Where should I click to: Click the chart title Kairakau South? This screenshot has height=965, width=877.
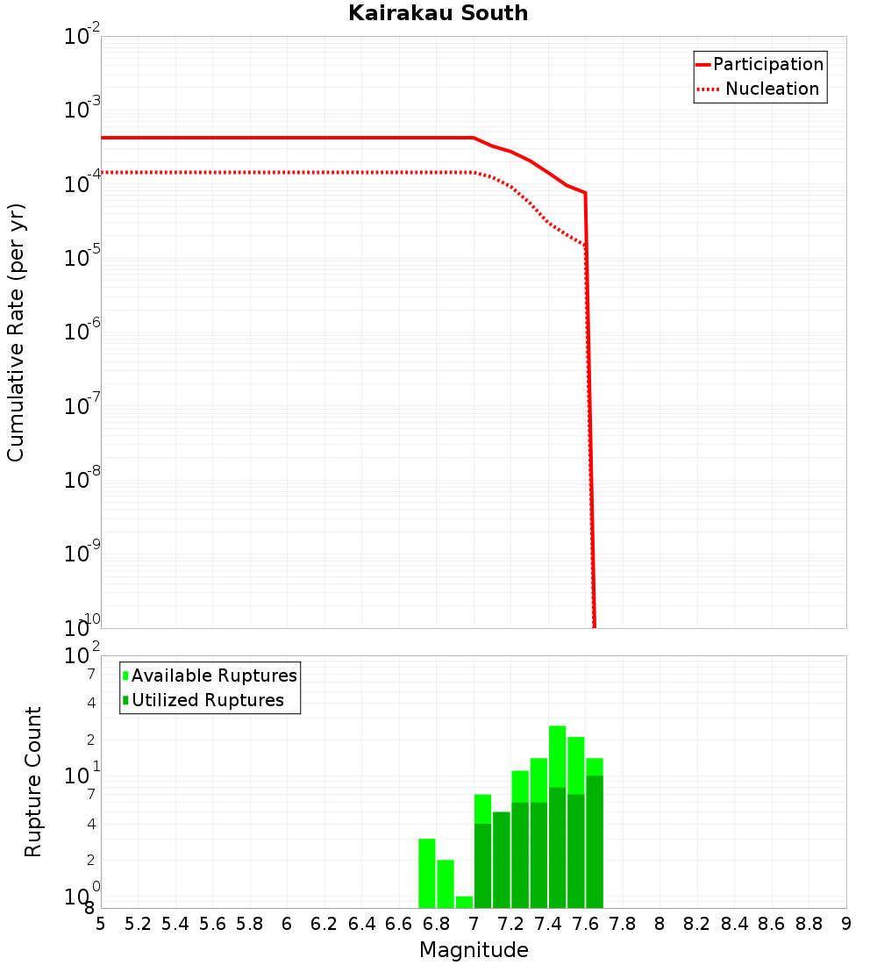[x=438, y=13]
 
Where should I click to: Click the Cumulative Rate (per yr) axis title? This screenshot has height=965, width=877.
[x=16, y=332]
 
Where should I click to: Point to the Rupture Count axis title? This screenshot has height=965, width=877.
[x=33, y=782]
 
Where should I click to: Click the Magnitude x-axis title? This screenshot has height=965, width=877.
[x=474, y=950]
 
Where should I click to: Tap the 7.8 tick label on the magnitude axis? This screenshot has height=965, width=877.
[x=623, y=924]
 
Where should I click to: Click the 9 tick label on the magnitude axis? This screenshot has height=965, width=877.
[x=845, y=924]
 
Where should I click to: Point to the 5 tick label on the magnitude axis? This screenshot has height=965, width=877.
[x=101, y=924]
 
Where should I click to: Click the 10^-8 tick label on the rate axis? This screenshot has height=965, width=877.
[x=83, y=481]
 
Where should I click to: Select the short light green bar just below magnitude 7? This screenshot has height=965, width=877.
[x=464, y=902]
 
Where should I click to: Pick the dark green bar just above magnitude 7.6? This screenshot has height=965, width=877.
[x=595, y=842]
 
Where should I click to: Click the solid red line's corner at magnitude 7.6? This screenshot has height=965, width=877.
[x=585, y=193]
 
